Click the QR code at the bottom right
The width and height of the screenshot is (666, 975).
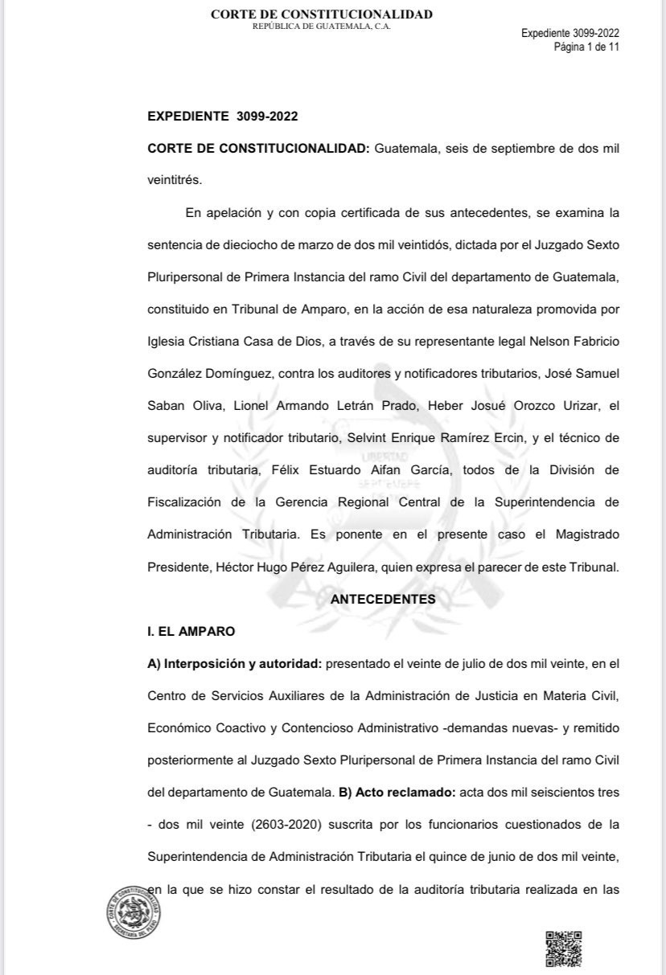tap(563, 948)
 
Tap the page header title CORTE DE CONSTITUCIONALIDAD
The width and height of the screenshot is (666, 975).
tap(321, 14)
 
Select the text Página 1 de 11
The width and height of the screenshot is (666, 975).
tap(586, 47)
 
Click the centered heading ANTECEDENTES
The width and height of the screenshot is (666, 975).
tap(384, 600)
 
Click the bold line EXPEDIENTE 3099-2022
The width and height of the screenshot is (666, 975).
tap(223, 117)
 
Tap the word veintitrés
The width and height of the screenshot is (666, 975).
tap(175, 180)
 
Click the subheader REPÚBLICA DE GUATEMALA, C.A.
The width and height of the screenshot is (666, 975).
tap(321, 27)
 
